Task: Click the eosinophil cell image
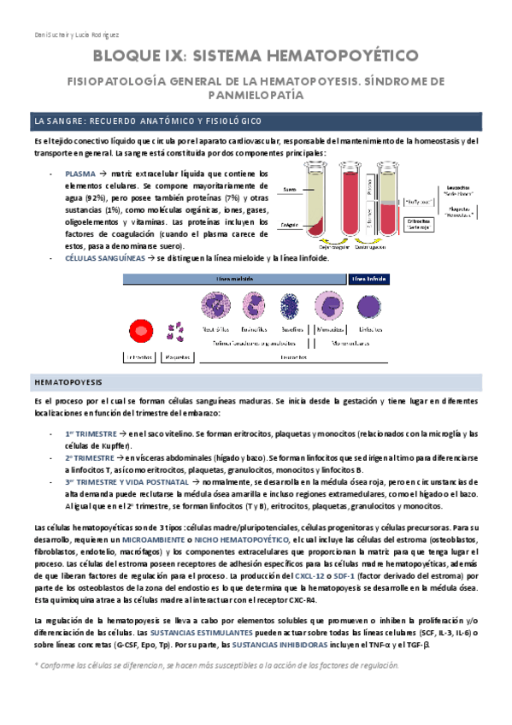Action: [255, 306]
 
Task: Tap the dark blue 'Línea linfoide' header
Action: [368, 278]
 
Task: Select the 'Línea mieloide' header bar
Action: [236, 278]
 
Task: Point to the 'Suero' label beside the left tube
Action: [289, 189]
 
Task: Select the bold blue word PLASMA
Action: [79, 174]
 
